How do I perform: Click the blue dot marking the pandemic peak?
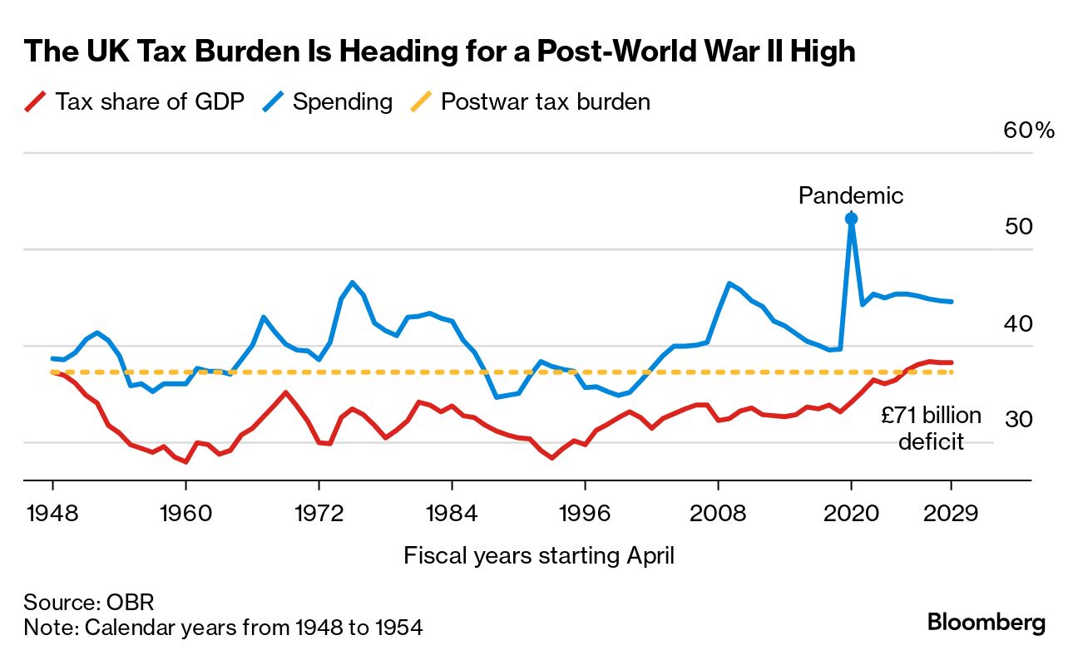tap(851, 219)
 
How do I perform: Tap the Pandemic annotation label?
tap(850, 195)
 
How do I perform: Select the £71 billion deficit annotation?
tap(931, 427)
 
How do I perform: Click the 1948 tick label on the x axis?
tap(52, 513)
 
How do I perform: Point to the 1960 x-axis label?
tap(185, 513)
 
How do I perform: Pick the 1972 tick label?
tap(319, 513)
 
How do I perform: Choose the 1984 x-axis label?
tap(452, 513)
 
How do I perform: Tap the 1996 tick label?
tap(585, 513)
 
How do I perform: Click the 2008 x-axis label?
tap(718, 513)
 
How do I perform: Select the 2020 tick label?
tap(851, 513)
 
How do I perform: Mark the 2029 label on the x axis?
tap(951, 513)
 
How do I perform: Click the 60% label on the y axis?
tap(1029, 131)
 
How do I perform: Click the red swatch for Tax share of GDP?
tap(34, 102)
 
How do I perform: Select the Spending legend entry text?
tap(342, 102)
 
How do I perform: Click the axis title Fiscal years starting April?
tap(538, 555)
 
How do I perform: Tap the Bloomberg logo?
tap(986, 623)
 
